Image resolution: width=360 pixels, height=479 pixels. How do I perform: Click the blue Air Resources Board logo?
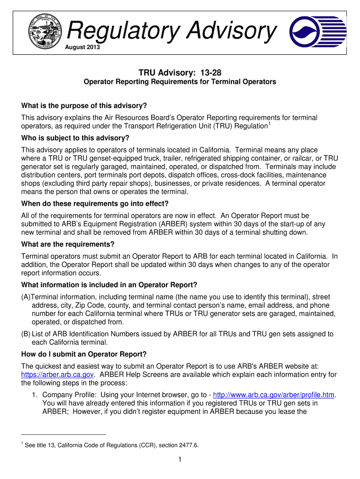(x=317, y=32)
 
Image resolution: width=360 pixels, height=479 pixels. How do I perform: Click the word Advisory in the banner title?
(x=232, y=31)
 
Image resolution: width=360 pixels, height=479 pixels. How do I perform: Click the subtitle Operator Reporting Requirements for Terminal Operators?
(x=180, y=82)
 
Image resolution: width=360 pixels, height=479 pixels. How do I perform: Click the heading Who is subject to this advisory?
(x=75, y=138)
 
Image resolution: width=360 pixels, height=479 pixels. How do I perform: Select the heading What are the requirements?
(x=68, y=244)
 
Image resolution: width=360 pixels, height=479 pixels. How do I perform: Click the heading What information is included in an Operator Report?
(x=109, y=285)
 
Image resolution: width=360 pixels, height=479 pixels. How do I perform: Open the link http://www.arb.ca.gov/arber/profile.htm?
(x=274, y=395)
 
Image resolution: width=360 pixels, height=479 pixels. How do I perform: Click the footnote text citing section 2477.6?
(x=112, y=445)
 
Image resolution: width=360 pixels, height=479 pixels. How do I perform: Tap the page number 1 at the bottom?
(x=180, y=460)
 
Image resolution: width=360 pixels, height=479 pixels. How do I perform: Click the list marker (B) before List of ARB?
(x=26, y=334)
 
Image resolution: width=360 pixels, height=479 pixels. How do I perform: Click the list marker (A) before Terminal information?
(x=26, y=297)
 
